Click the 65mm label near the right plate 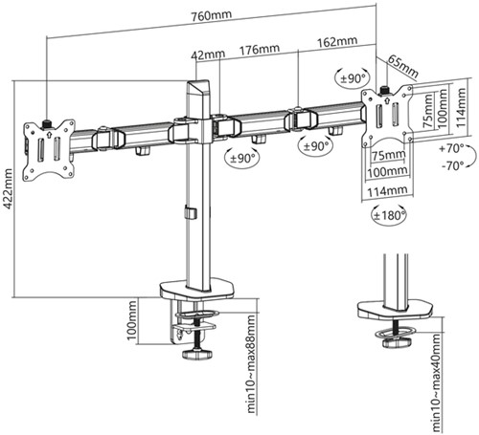pyautogui.click(x=403, y=68)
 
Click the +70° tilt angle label pyautogui.click(x=448, y=148)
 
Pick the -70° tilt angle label pyautogui.click(x=448, y=164)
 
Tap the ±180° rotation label pyautogui.click(x=386, y=215)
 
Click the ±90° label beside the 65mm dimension pyautogui.click(x=352, y=76)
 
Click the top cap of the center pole pyautogui.click(x=195, y=87)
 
